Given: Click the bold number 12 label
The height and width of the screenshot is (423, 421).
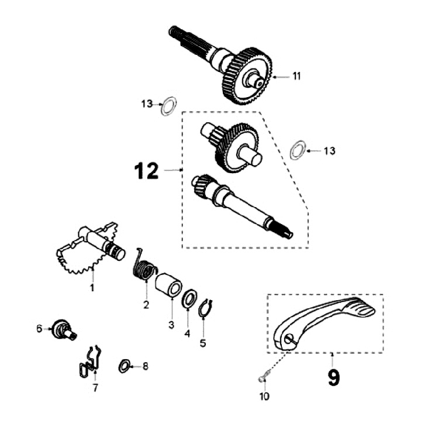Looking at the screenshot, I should pyautogui.click(x=146, y=171).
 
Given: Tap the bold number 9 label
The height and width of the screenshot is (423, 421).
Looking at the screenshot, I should pyautogui.click(x=333, y=377).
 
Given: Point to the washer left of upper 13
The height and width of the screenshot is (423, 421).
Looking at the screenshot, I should pyautogui.click(x=169, y=106).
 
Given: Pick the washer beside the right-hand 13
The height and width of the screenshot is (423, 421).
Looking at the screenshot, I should pyautogui.click(x=298, y=150).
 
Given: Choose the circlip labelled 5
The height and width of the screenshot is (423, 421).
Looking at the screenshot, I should pyautogui.click(x=204, y=309).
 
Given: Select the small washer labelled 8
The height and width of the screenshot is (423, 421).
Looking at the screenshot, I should pyautogui.click(x=124, y=367).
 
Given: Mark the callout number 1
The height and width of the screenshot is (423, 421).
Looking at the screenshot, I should pyautogui.click(x=92, y=288).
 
